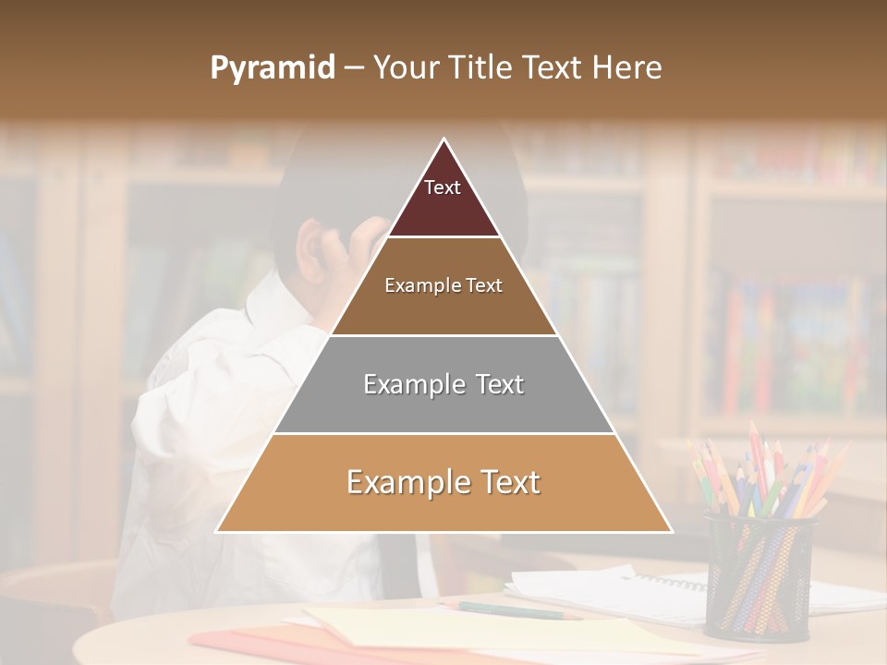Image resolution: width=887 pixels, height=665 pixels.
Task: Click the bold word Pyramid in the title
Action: click(x=273, y=68)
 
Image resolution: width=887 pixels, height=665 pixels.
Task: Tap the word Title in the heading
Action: click(x=480, y=68)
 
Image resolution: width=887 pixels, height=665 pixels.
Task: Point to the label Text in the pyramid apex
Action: click(x=443, y=187)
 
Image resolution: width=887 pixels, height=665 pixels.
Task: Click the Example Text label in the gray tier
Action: click(x=443, y=384)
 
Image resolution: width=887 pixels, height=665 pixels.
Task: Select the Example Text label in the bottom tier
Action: click(x=443, y=482)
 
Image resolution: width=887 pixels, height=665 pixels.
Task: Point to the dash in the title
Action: click(x=354, y=68)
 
